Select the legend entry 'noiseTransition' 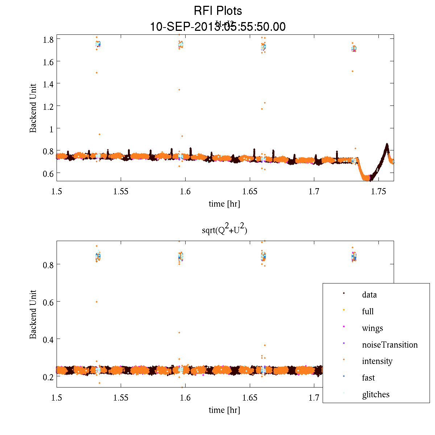pyautogui.click(x=390, y=345)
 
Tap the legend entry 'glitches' pyautogui.click(x=376, y=394)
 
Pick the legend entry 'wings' pyautogui.click(x=372, y=328)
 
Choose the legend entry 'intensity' pyautogui.click(x=377, y=361)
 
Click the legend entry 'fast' pyautogui.click(x=368, y=378)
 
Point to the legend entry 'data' pyautogui.click(x=369, y=295)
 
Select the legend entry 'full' pyautogui.click(x=368, y=311)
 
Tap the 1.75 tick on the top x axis pyautogui.click(x=378, y=191)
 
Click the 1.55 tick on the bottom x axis pyautogui.click(x=121, y=398)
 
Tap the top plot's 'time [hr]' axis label pyautogui.click(x=224, y=204)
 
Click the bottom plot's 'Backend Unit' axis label pyautogui.click(x=33, y=314)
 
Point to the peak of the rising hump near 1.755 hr pyautogui.click(x=387, y=145)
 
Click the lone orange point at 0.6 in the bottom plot pyautogui.click(x=96, y=302)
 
